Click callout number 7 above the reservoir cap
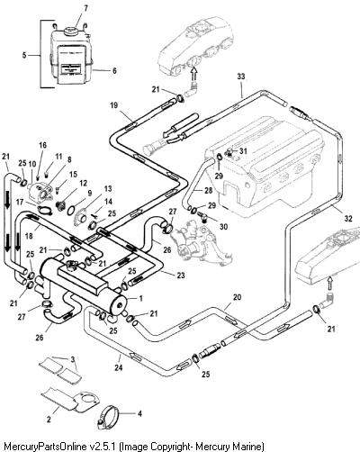(x=85, y=8)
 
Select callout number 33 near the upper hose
(x=241, y=77)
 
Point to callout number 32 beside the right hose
(x=348, y=218)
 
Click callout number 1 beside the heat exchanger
(x=140, y=299)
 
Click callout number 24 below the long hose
(x=119, y=367)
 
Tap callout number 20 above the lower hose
(x=237, y=297)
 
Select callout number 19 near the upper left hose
(x=113, y=105)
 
